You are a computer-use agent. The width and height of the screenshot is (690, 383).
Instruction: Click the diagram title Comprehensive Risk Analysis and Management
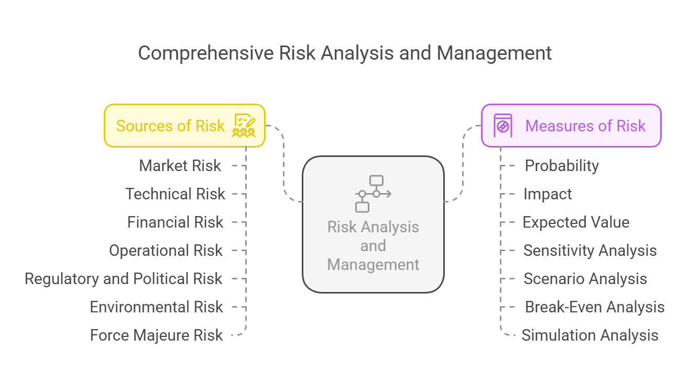tap(345, 53)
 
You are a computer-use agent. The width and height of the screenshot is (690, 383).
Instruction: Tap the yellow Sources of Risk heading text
tap(170, 126)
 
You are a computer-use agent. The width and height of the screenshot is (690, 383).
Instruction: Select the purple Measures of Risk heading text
tap(585, 126)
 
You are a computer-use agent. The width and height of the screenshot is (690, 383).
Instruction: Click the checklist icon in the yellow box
tap(244, 125)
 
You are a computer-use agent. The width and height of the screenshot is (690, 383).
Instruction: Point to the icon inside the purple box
tap(503, 126)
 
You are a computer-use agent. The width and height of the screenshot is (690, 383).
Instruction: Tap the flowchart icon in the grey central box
tap(373, 194)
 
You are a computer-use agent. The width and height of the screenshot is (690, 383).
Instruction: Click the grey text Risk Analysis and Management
tap(373, 245)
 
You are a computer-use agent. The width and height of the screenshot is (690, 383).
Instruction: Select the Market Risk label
tap(180, 166)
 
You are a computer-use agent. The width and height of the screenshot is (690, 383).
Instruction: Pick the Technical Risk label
tap(175, 194)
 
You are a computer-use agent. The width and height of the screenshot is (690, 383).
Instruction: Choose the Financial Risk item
tap(175, 222)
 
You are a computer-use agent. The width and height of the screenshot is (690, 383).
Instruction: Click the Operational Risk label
tap(166, 251)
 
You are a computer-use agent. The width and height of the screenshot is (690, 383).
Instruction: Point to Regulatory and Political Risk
tap(123, 279)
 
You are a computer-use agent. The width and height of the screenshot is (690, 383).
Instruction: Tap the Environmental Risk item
tap(156, 307)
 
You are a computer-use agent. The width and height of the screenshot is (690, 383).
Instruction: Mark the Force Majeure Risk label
tap(156, 335)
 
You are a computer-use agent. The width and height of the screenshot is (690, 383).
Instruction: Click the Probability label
tap(562, 166)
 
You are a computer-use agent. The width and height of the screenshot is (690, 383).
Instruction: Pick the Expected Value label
tap(576, 222)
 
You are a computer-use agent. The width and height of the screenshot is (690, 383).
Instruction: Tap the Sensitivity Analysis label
tap(590, 251)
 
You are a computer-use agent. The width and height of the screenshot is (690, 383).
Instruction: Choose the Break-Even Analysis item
tap(595, 307)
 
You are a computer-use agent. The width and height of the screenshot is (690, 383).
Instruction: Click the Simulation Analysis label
tap(590, 335)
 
